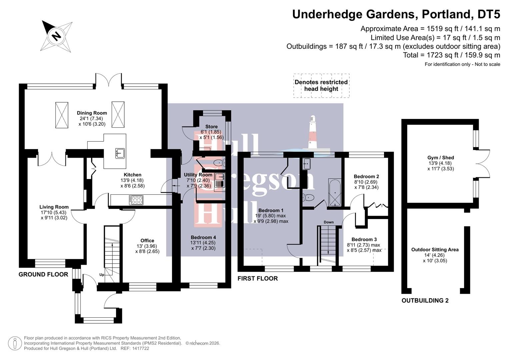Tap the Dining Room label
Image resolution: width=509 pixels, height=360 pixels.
92,113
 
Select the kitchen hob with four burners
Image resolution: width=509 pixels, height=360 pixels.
136,200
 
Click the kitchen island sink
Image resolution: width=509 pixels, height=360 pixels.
119,153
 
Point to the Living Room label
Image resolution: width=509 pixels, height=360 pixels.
54,207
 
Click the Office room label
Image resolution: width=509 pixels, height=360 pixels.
147,241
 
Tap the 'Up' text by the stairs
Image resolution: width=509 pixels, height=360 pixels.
102,275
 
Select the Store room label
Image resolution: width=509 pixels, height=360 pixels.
211,127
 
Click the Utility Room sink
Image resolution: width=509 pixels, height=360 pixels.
219,177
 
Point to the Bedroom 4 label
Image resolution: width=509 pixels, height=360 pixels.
203,238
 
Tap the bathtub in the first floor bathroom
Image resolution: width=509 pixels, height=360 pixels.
335,193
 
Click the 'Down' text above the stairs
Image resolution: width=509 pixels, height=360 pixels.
328,222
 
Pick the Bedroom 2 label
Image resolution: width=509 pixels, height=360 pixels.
366,177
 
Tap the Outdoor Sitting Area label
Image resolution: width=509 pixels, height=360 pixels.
435,250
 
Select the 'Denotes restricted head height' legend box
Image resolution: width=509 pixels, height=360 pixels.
321,86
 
